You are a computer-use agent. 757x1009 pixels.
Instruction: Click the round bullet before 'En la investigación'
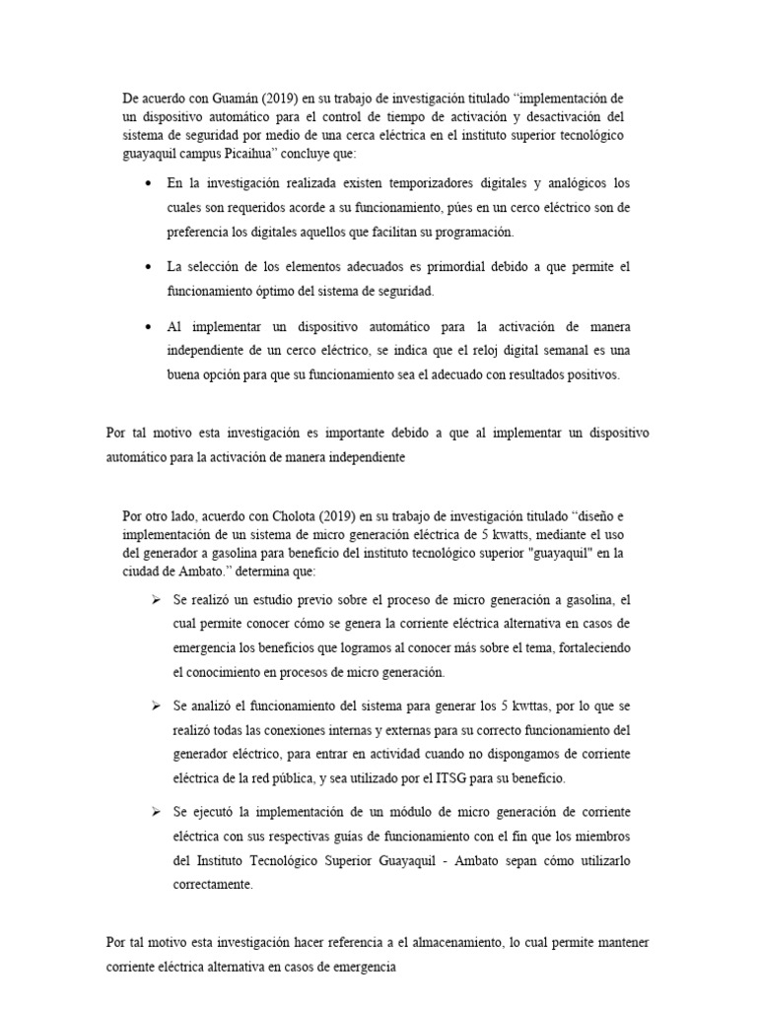click(148, 184)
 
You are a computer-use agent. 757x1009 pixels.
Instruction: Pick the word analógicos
click(578, 184)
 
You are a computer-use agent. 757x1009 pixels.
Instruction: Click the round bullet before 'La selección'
click(148, 267)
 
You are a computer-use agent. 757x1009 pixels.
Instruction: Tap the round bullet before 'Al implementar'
click(148, 326)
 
